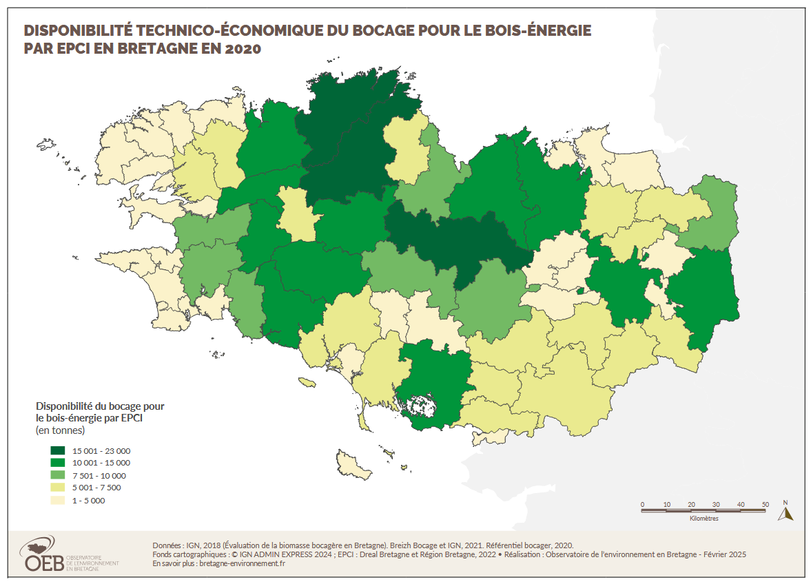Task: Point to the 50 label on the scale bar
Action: pos(765,504)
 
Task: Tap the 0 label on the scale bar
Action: pos(642,504)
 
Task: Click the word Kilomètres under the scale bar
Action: pos(704,519)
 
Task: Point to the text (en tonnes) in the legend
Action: pos(60,430)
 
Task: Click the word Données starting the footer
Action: pos(167,544)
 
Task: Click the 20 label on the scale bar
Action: pos(691,504)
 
